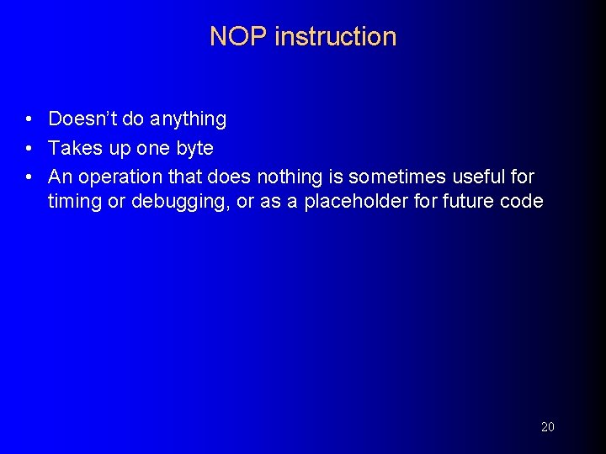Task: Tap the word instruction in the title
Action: point(335,37)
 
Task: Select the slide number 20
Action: point(547,427)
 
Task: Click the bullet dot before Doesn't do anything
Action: point(29,120)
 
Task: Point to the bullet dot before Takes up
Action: point(29,149)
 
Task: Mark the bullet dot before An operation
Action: point(29,177)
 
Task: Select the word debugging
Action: point(172,203)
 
